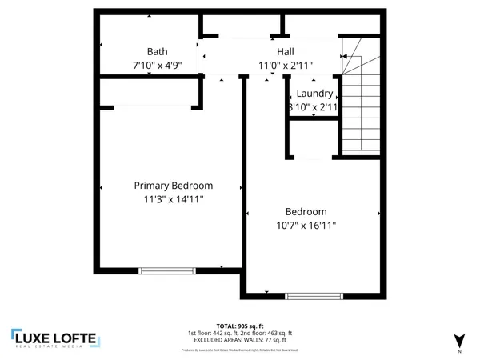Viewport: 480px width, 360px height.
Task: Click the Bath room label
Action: coord(158,51)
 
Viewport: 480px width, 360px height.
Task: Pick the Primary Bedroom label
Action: coord(173,185)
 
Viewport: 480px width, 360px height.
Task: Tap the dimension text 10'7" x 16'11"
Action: coord(306,226)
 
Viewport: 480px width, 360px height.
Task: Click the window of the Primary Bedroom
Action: coord(162,271)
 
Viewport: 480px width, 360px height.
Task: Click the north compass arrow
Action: coord(458,339)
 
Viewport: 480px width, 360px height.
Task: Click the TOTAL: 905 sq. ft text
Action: coord(240,326)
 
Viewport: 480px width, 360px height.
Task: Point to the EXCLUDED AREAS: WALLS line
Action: coord(240,339)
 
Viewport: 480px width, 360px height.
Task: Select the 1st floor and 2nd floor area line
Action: coord(240,333)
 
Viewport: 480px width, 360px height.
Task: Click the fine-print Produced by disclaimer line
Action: coord(240,350)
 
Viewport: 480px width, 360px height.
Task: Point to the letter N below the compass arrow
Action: coord(459,352)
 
